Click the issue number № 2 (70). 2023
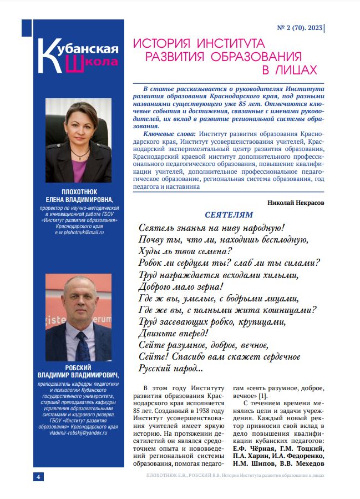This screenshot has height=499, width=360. [299, 26]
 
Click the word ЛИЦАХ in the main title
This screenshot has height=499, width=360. [288, 69]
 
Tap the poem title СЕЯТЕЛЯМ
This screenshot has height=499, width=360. [229, 214]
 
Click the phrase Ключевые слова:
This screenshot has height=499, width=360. [170, 134]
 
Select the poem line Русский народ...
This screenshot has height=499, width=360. [170, 367]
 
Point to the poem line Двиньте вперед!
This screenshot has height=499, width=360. [173, 334]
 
